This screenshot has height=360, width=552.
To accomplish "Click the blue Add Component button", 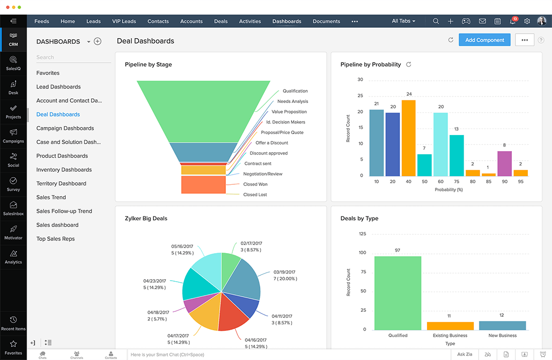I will [484, 40].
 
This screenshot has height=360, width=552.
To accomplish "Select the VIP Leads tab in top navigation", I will [124, 21].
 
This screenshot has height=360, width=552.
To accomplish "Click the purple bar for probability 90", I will [504, 163].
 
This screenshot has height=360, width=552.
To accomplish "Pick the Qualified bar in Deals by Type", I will [397, 293].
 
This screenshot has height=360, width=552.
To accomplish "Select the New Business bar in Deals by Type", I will [502, 325].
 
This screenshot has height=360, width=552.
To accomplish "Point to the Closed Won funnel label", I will [255, 184].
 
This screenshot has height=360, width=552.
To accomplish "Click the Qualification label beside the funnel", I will [295, 91].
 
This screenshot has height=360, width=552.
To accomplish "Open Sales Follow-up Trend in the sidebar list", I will [64, 211].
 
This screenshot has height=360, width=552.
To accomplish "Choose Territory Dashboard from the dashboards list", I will [61, 183].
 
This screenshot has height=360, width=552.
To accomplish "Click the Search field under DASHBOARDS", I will [73, 57].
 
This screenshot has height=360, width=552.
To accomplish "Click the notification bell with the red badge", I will [512, 21].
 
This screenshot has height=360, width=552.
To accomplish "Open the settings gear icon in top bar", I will [527, 21].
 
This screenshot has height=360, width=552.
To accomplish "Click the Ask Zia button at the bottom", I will [465, 354].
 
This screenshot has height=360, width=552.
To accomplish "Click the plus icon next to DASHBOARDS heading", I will [98, 42].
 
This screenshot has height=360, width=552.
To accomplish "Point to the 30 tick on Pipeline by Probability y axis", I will [360, 79].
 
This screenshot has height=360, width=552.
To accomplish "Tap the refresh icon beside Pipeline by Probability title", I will [408, 64].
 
